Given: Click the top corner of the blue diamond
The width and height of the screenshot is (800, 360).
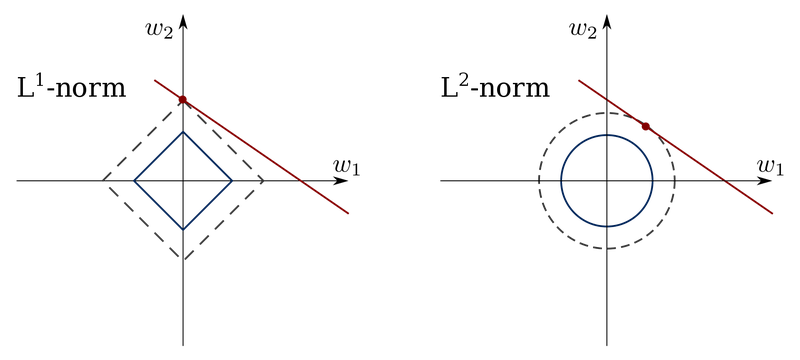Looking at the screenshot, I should click(183, 132).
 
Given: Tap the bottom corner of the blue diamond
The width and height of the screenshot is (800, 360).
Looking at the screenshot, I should click(183, 229).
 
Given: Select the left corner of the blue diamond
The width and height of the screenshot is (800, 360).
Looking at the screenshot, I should click(135, 181).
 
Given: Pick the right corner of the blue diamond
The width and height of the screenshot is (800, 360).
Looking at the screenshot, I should click(232, 181).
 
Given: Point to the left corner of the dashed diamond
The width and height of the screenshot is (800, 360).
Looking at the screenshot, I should click(104, 181).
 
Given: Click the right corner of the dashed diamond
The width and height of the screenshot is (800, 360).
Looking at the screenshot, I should click(263, 181).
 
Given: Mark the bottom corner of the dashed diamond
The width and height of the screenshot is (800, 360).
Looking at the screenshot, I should click(183, 259).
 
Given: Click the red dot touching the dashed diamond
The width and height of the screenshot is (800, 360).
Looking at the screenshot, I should click(182, 99).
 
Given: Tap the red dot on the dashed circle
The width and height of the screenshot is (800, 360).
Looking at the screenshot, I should click(644, 126).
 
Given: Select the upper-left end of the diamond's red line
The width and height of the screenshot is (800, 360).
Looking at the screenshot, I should click(153, 80).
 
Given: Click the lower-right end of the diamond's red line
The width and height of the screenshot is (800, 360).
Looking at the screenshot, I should click(349, 214).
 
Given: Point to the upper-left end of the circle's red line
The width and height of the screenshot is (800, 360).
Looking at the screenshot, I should click(578, 80).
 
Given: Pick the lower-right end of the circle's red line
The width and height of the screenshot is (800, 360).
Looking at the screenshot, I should click(774, 214).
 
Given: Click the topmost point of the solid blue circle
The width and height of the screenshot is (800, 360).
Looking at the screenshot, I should click(607, 134).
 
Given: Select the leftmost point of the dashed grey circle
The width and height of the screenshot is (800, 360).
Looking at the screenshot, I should click(538, 181).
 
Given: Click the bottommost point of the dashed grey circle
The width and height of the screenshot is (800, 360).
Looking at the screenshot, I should click(607, 250).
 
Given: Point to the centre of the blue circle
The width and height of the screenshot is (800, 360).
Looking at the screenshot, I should click(607, 181).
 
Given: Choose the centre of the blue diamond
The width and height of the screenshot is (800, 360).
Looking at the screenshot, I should click(183, 181).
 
